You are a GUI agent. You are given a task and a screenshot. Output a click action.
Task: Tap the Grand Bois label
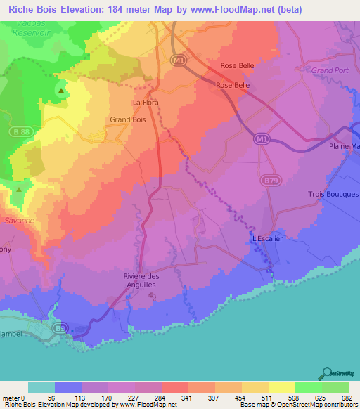(x=127, y=119)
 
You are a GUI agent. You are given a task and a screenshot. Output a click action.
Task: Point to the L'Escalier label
(x=267, y=239)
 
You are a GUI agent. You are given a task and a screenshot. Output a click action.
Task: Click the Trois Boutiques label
(x=333, y=194)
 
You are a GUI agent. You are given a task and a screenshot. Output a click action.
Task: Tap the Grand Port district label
(x=330, y=71)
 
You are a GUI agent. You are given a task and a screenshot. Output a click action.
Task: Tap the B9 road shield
(x=62, y=327)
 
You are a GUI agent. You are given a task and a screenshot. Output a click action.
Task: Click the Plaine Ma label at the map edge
(x=344, y=146)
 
